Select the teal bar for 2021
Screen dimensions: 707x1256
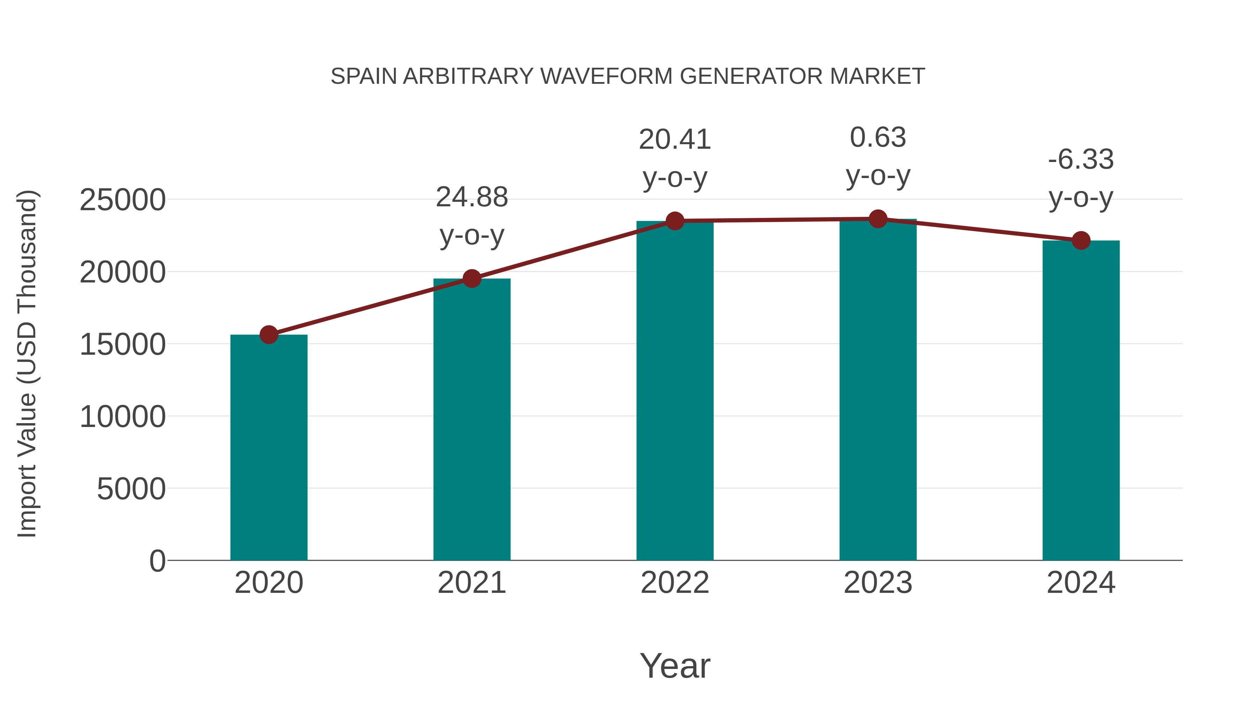pos(471,420)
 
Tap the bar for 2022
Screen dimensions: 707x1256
pos(675,390)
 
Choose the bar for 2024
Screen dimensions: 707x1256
pos(1081,400)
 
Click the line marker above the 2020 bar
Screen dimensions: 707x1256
pos(269,335)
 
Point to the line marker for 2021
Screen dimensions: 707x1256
pos(471,279)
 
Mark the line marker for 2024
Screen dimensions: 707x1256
pos(1081,241)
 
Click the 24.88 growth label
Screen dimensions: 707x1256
pos(471,198)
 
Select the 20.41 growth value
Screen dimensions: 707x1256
pos(675,140)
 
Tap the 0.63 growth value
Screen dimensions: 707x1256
pos(878,138)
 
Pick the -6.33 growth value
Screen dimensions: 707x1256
pos(1081,160)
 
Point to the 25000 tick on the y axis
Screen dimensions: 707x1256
pos(122,200)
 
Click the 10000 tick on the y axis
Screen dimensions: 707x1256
pos(122,417)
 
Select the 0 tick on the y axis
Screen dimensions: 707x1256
pos(157,561)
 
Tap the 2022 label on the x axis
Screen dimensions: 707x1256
pos(675,583)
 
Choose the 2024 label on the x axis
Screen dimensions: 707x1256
pos(1081,583)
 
